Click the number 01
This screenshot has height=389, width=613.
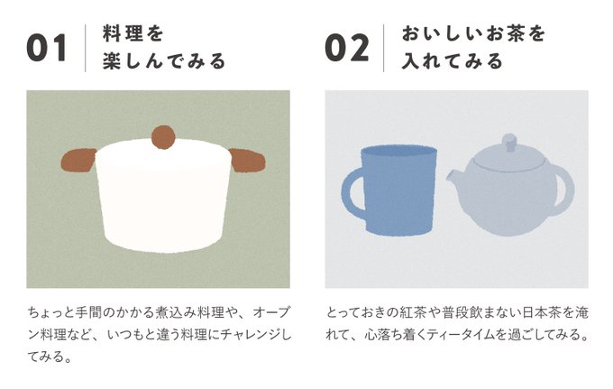pos(47,48)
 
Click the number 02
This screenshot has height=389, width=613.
pos(347,48)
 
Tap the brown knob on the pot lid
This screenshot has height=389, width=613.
pos(163,137)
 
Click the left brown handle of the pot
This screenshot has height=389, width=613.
pos(78,160)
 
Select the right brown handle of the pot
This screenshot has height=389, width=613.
pos(248,161)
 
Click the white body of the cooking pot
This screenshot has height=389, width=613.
pos(163,199)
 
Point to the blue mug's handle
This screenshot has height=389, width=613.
pos(352,191)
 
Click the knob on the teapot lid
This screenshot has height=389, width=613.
pos(508,142)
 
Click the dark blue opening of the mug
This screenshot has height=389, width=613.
pos(398,152)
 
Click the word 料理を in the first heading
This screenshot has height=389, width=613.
pos(133,33)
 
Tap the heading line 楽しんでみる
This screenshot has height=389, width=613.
pos(164,61)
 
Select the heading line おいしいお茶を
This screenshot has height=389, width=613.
pos(473,33)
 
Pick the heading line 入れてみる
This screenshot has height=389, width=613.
pos(452,61)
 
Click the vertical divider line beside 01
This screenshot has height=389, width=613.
pos(86,48)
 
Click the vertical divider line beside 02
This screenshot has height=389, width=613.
pos(383,48)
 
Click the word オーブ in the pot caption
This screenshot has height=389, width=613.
pos(271,312)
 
